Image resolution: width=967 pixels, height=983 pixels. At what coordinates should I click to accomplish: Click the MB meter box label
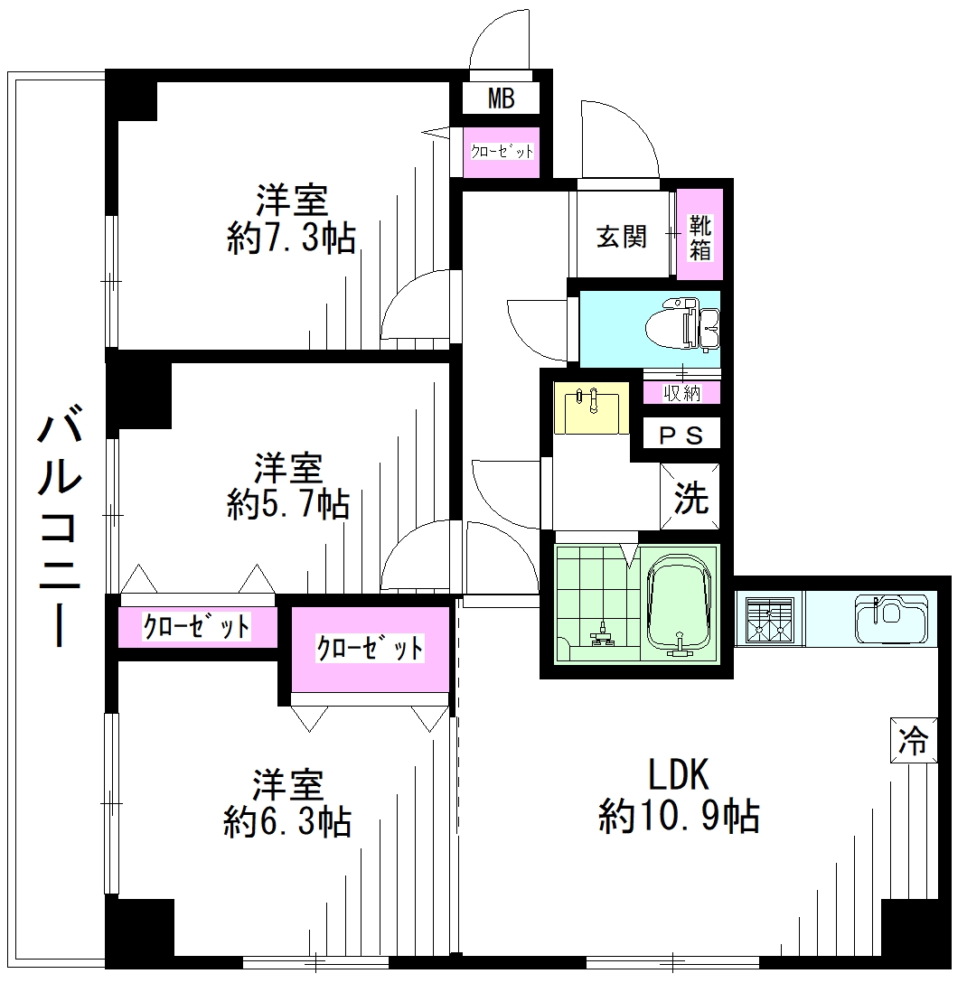tap(502, 98)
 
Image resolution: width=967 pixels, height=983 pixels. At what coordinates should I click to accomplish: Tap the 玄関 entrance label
tap(621, 237)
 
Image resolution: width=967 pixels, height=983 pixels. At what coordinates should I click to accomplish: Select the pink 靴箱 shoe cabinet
tap(700, 235)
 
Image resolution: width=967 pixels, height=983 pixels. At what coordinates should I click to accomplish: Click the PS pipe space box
tap(681, 435)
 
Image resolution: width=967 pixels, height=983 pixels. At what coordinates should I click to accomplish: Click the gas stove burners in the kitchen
tap(768, 619)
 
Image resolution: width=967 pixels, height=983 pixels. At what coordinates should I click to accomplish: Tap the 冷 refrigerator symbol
tap(913, 742)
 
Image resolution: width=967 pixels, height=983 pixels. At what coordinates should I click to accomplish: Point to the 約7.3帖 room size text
tap(291, 239)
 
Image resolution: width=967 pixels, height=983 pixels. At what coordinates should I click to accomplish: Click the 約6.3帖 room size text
tap(287, 822)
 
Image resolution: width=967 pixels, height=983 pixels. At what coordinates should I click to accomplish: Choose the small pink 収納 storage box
tap(683, 393)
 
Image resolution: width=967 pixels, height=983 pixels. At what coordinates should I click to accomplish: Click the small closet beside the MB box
tap(502, 152)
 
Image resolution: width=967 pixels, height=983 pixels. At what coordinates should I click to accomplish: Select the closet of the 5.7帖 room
tap(197, 627)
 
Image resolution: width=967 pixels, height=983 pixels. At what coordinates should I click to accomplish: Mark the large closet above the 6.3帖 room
tap(371, 649)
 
